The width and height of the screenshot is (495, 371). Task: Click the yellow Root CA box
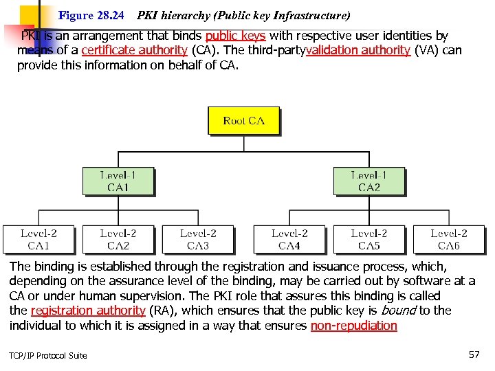coord(243,120)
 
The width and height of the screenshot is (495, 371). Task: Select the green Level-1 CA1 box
coord(118,181)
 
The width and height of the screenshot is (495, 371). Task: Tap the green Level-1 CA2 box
coord(368,181)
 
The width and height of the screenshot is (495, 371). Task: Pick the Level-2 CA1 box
coord(38,239)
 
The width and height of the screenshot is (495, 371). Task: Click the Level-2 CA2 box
coord(118,239)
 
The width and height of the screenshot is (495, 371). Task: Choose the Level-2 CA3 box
coord(198,239)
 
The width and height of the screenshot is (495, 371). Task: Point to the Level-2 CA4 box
coord(289,239)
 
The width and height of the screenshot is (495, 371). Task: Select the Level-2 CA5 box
coord(368,239)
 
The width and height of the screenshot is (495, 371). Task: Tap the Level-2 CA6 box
coord(449,239)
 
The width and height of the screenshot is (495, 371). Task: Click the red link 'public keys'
coord(235,36)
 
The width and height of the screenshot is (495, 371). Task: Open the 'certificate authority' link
coord(134,50)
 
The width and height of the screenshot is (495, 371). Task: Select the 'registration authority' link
coord(88,311)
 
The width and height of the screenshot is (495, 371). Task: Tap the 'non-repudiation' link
coord(353,326)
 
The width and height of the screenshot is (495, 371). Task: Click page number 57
coord(474,355)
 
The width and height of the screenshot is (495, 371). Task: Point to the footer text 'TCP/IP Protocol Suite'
coord(48,355)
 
